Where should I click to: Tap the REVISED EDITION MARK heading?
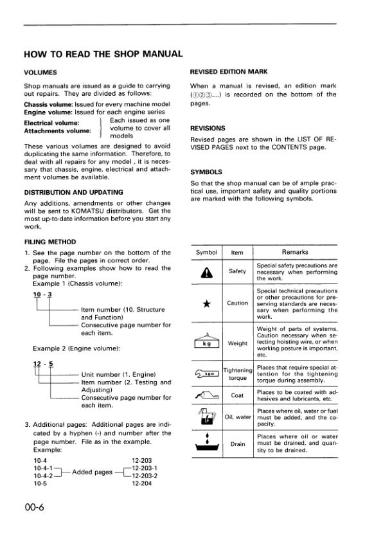229,72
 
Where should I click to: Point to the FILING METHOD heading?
49,242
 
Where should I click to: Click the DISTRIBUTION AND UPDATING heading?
75,192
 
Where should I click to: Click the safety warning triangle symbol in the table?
207,273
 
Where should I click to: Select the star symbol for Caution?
207,303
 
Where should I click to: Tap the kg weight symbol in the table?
207,342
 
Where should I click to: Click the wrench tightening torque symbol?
207,373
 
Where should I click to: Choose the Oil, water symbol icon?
207,418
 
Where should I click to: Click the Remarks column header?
295,252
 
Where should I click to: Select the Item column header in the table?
237,253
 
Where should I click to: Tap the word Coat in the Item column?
237,395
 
